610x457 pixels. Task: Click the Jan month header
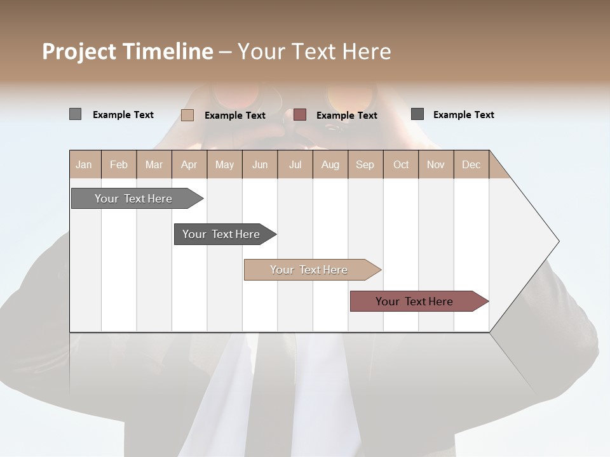click(85, 164)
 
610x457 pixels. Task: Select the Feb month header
click(119, 164)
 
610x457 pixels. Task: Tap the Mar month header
click(154, 164)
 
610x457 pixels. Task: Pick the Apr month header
click(189, 164)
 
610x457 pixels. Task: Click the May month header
click(224, 164)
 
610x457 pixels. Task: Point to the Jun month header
click(260, 164)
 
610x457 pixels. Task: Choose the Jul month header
click(295, 164)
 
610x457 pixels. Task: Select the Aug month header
click(330, 164)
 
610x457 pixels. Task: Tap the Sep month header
click(365, 164)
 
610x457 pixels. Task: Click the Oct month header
click(401, 164)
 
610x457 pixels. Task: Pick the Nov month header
click(436, 164)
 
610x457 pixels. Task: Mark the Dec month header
click(471, 164)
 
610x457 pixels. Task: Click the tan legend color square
click(187, 115)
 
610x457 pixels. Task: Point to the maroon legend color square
click(300, 115)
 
